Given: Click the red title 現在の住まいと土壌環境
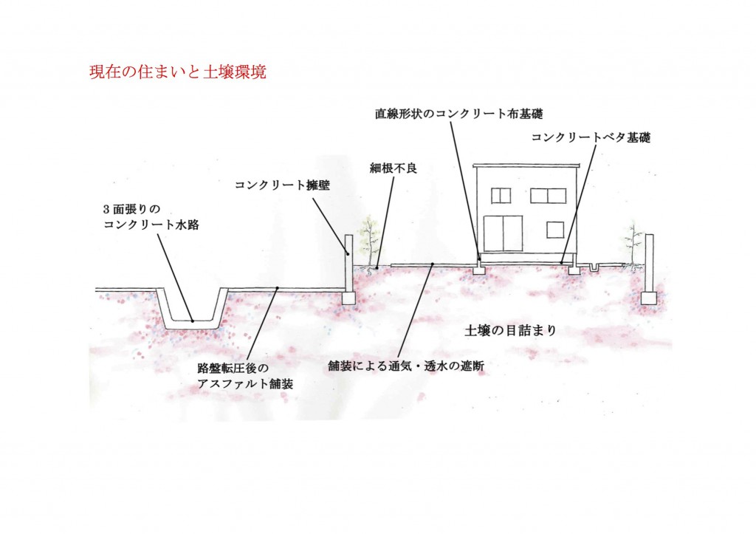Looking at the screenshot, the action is pos(178,72).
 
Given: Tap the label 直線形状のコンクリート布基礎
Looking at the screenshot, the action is pos(459,114).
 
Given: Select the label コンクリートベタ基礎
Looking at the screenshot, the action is pos(591,137).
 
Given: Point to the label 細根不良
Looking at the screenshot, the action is pos(394,168).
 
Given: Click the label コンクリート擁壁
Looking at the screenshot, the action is pos(283,185).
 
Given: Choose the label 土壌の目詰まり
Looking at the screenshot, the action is pos(511,330).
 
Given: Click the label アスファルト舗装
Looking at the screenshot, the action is pos(245,384).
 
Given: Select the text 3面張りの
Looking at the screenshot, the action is pos(131,210).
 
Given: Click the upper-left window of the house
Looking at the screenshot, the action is pos(501,196).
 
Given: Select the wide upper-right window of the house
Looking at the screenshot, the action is pos(549,196).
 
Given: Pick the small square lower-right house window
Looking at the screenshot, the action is pos(555,230).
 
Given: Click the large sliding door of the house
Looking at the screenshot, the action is pos(504,233).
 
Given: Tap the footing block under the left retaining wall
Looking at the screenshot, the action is pos(348,298).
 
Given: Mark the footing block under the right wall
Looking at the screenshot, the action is pos(648,298).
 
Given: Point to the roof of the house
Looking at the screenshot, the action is pos(526,166).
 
